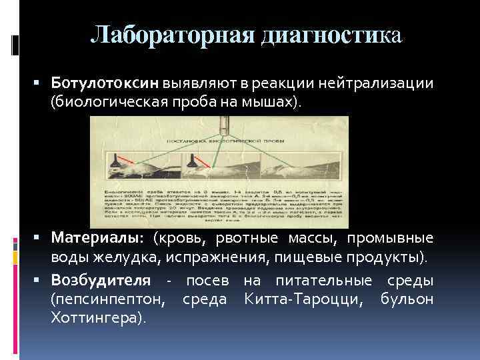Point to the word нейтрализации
377,84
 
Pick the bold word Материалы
97,238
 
